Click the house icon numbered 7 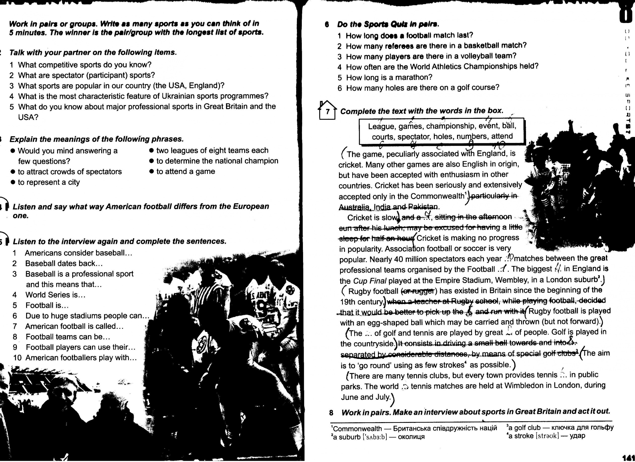click(x=327, y=111)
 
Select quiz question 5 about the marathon click(x=389, y=77)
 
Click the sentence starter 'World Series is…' click(x=55, y=295)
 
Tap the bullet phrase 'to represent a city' click(x=49, y=182)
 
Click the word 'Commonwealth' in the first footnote click(x=357, y=429)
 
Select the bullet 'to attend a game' click(x=185, y=171)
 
